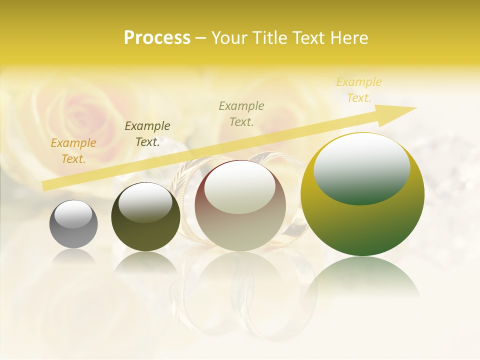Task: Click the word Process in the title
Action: (x=157, y=38)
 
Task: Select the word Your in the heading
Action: (x=229, y=38)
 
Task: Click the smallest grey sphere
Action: (x=73, y=224)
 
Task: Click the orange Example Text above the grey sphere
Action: (x=73, y=151)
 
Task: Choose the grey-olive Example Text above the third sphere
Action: (x=241, y=114)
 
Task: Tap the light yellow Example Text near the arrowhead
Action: (x=359, y=90)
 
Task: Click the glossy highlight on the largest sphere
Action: (x=361, y=167)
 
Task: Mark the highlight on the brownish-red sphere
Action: (x=239, y=187)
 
